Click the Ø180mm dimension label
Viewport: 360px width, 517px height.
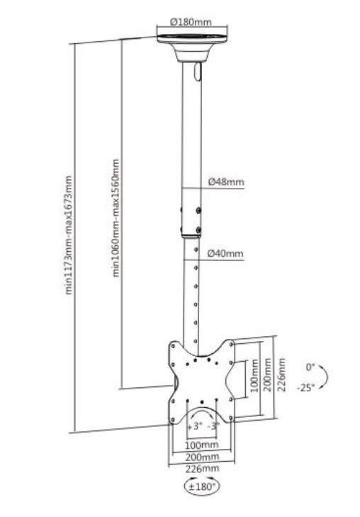point(191,22)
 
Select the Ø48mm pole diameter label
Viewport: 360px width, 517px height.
point(226,182)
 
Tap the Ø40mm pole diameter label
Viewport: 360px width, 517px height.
point(225,254)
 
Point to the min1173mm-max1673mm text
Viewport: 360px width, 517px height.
point(69,235)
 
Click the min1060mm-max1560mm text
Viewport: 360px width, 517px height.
point(116,218)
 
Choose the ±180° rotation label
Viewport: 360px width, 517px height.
point(202,487)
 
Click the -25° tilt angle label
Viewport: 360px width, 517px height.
point(305,387)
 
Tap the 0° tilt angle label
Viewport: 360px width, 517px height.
point(310,367)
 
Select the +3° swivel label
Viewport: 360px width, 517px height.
point(194,426)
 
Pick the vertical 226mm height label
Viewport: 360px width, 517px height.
point(281,374)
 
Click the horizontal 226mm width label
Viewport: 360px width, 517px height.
point(202,469)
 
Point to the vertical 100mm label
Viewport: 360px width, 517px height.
point(254,376)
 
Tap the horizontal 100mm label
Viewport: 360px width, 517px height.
point(201,445)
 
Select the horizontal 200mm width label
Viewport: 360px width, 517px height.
point(201,457)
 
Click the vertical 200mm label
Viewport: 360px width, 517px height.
point(267,375)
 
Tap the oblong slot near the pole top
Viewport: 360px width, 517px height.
point(197,72)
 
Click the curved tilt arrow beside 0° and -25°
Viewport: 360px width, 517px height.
point(324,377)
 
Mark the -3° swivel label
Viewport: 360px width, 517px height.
point(213,426)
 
